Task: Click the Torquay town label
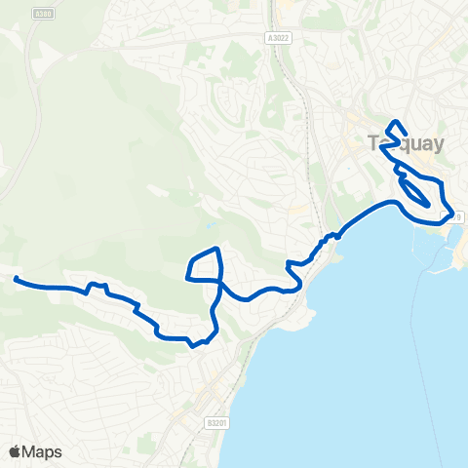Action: [407, 144]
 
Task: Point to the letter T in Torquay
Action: [375, 144]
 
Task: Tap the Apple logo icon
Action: [15, 451]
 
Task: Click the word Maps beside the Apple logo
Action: [43, 451]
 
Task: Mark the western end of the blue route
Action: [17, 280]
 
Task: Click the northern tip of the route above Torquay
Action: [395, 122]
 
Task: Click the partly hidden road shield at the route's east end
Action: [450, 216]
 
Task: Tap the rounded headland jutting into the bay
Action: [308, 319]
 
